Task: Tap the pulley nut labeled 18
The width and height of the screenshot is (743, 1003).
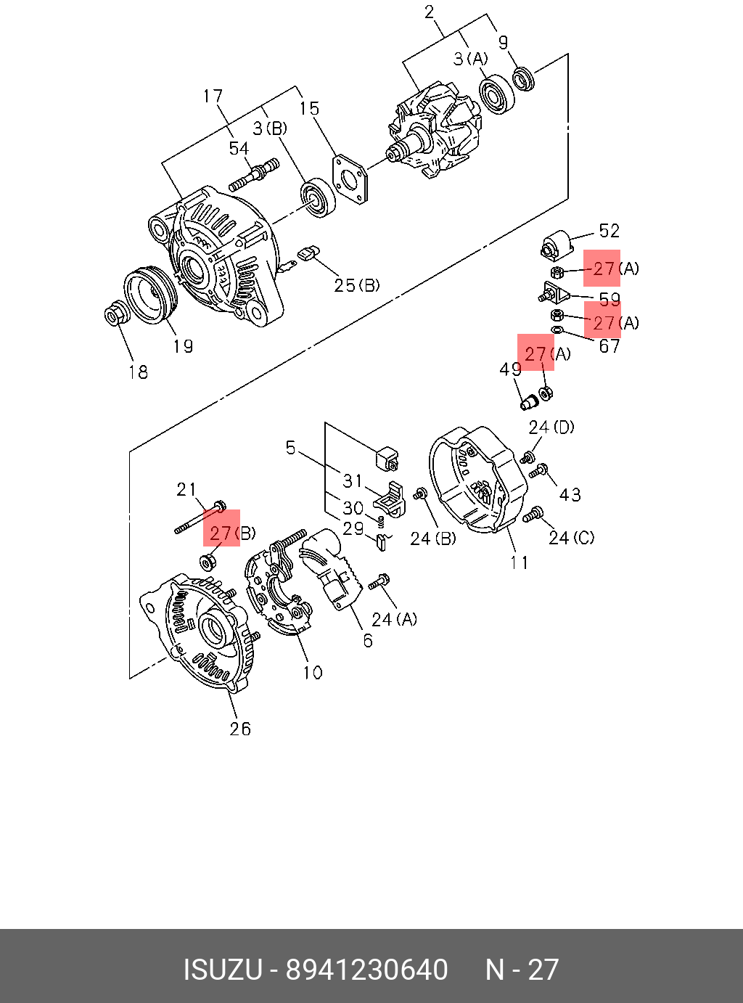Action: coord(115,315)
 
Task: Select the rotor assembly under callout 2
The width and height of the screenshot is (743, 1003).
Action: coord(434,134)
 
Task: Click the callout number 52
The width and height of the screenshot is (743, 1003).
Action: coord(609,231)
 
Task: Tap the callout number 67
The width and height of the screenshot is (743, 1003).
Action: coord(609,346)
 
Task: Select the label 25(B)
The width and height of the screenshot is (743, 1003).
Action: coord(356,285)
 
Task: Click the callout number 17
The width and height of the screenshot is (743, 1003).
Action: coord(213,97)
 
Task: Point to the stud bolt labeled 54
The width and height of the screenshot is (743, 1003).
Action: coord(254,174)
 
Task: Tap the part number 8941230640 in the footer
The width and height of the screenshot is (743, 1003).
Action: coord(366,970)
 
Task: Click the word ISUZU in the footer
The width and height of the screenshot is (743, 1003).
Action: coord(222,970)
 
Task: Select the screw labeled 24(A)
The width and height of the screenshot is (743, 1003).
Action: coord(379,581)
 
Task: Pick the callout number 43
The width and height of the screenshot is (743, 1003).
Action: coord(570,495)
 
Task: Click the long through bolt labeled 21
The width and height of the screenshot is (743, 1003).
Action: coord(200,517)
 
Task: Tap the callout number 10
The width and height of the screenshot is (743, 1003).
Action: coord(313,673)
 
